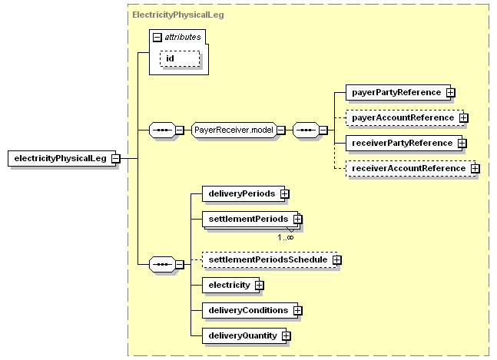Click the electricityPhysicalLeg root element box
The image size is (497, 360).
pos(61,158)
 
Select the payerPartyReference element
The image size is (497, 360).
pos(398,92)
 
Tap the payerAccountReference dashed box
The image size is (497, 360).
pos(405,117)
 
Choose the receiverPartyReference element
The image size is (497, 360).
pos(404,143)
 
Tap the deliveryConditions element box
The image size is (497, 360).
pos(250,311)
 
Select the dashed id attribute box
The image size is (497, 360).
pos(180,59)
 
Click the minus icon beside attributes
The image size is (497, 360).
pos(157,38)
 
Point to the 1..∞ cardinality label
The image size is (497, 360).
pos(286,237)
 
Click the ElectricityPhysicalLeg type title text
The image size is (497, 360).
pos(178,15)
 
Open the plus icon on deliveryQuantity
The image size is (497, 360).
pos(287,336)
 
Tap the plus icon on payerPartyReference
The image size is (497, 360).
pos(451,92)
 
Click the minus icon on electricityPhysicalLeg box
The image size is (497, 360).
pos(116,158)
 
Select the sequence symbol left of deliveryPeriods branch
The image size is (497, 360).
pos(162,264)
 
